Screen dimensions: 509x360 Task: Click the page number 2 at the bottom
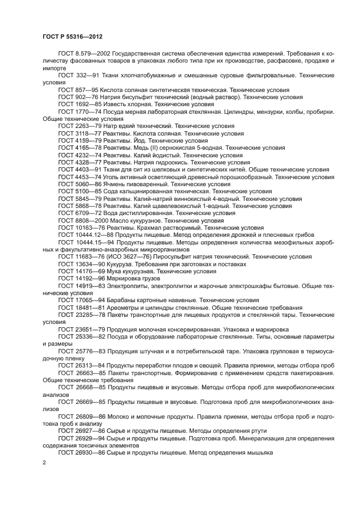click(x=45, y=463)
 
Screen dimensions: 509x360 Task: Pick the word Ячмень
click(x=114, y=184)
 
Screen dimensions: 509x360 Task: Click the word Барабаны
click(x=121, y=300)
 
